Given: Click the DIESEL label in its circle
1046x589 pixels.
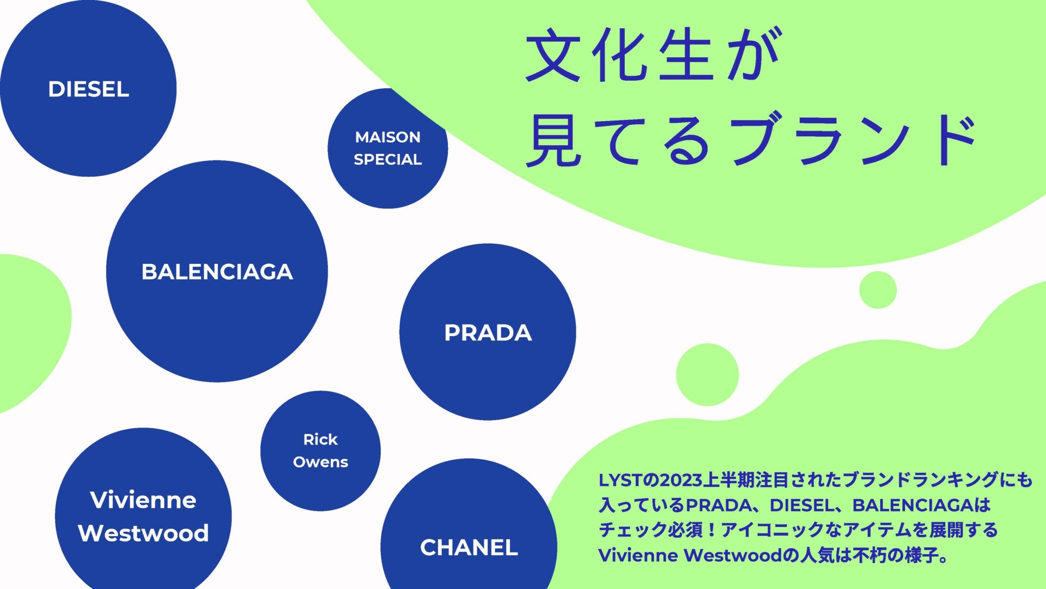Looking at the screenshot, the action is [89, 89].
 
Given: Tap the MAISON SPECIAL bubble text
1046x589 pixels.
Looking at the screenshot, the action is [388, 148].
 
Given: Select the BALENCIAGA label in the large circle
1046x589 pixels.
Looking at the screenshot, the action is [217, 272].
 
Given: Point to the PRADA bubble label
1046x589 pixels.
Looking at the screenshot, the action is [488, 333].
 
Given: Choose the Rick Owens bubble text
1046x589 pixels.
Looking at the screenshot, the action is [320, 450].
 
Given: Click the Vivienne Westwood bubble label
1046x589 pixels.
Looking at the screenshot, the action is [143, 516].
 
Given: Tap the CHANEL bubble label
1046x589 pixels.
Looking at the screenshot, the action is [469, 548].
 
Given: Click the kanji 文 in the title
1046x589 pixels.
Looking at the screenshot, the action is [553, 56].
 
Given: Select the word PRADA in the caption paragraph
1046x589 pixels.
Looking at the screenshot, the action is [719, 506].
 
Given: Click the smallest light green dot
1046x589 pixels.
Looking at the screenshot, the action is [878, 290].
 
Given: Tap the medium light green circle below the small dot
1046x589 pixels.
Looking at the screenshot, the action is [707, 375].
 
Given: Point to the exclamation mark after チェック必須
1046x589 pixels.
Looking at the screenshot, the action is [711, 530].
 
